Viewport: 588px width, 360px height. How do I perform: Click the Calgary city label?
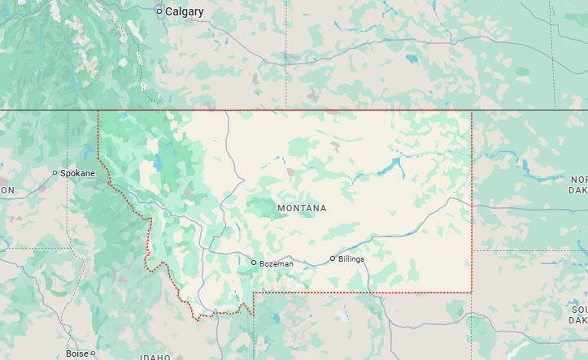(184, 11)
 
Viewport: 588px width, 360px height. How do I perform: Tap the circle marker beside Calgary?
(159, 11)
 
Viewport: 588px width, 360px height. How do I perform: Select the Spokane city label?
(77, 173)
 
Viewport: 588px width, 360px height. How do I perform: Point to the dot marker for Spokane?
(55, 173)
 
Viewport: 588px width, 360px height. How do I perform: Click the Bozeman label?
(276, 263)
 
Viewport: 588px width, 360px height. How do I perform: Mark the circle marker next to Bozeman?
(254, 262)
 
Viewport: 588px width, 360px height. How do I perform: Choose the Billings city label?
(351, 259)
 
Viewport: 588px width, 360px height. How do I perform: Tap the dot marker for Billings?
(332, 258)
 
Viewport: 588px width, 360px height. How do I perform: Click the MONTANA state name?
(302, 209)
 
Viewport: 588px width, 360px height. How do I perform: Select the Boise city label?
(77, 353)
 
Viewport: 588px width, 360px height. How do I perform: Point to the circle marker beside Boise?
(94, 353)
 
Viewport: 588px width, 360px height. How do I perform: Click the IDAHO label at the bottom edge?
(155, 357)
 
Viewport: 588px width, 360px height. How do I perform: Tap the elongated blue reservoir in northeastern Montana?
(397, 169)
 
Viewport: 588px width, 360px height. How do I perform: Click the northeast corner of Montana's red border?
(472, 111)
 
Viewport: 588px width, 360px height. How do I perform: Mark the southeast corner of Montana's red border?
(472, 292)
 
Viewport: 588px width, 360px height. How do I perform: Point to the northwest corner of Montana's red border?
(98, 111)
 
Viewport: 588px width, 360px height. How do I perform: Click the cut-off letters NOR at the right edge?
(578, 180)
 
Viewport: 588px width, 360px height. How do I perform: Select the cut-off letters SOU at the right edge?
(578, 310)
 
